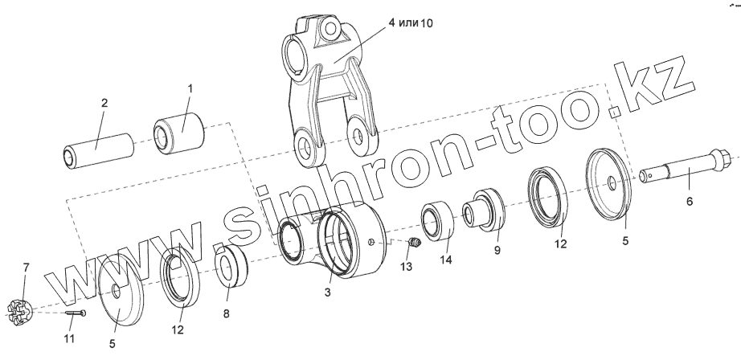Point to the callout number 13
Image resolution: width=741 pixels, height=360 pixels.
pos(406,266)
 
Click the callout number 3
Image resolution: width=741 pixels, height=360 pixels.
pos(327,293)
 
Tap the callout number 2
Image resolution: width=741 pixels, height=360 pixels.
pos(104,103)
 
